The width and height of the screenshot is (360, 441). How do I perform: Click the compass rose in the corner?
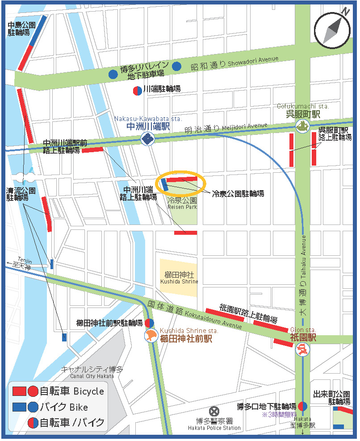click(332, 29)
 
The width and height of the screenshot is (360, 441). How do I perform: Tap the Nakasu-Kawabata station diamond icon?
click(147, 138)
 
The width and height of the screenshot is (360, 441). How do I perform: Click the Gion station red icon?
click(302, 349)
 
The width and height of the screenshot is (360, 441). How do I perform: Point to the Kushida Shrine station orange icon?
click(151, 336)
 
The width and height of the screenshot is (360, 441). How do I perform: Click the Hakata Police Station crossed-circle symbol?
click(215, 411)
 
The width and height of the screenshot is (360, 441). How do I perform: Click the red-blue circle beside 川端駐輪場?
click(138, 90)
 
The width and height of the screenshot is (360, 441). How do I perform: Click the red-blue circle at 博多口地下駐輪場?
click(302, 406)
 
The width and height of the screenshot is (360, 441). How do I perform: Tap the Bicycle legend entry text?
click(71, 391)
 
